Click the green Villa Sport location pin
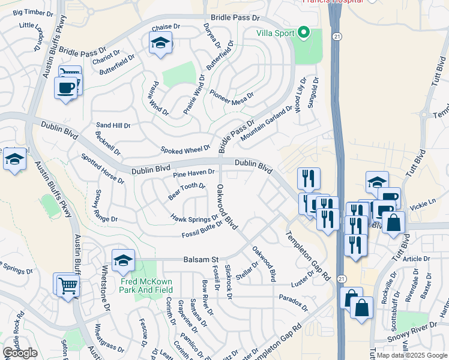303,33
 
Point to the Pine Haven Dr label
194,173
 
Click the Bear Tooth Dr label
187,191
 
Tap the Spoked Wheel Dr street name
185,148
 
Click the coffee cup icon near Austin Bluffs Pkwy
65,88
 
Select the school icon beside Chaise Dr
160,43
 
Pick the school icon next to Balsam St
123,260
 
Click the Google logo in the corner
20,353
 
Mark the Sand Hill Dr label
113,126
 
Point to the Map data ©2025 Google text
412,355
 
